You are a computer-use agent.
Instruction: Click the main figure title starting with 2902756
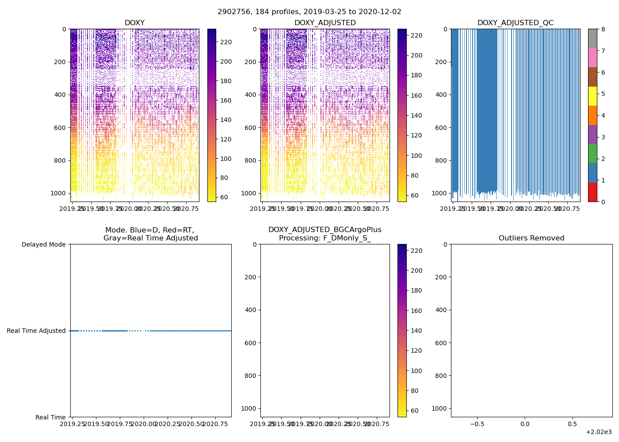pyautogui.click(x=309, y=12)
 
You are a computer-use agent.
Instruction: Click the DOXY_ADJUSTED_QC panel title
pyautogui.click(x=515, y=23)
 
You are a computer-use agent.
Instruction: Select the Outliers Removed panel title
pyautogui.click(x=531, y=238)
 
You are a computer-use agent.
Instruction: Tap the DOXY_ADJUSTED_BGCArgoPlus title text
pyautogui.click(x=325, y=230)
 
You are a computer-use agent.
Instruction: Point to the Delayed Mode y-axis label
pyautogui.click(x=43, y=244)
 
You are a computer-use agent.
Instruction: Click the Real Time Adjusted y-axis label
pyautogui.click(x=36, y=331)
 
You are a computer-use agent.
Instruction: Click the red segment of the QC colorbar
pyautogui.click(x=592, y=192)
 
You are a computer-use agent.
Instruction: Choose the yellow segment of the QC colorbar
pyautogui.click(x=592, y=96)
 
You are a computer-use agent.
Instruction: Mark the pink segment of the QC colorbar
pyautogui.click(x=592, y=58)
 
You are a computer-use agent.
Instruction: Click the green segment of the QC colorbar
pyautogui.click(x=592, y=154)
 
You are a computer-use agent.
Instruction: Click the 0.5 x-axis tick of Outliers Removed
pyautogui.click(x=572, y=424)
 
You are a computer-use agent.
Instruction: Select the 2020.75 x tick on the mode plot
pyautogui.click(x=215, y=424)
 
